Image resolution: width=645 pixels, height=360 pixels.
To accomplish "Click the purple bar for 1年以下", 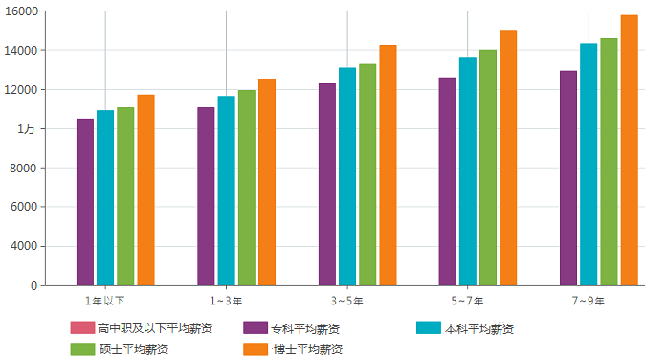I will click(x=85, y=202).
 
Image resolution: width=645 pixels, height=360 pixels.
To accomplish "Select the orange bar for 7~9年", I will click(x=629, y=150).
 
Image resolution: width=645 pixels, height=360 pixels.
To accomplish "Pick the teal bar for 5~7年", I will click(x=467, y=171).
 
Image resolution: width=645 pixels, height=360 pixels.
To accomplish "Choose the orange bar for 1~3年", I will click(x=266, y=182).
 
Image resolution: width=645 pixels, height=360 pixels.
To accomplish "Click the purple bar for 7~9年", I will click(x=568, y=178).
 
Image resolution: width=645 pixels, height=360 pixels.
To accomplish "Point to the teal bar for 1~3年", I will click(x=226, y=191).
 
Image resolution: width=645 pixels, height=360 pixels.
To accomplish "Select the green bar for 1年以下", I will click(x=125, y=196).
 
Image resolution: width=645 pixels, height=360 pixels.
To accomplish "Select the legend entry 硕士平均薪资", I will click(x=120, y=349).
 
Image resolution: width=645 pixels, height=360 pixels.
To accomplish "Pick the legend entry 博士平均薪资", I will click(x=293, y=349).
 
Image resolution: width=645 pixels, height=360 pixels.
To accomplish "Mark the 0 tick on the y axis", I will click(x=33, y=285).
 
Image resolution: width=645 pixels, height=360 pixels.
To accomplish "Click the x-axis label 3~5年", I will click(x=346, y=301).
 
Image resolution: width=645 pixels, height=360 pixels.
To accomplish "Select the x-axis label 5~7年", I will click(x=467, y=301).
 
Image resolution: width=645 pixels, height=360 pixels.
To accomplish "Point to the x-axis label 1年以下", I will click(x=105, y=301).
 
